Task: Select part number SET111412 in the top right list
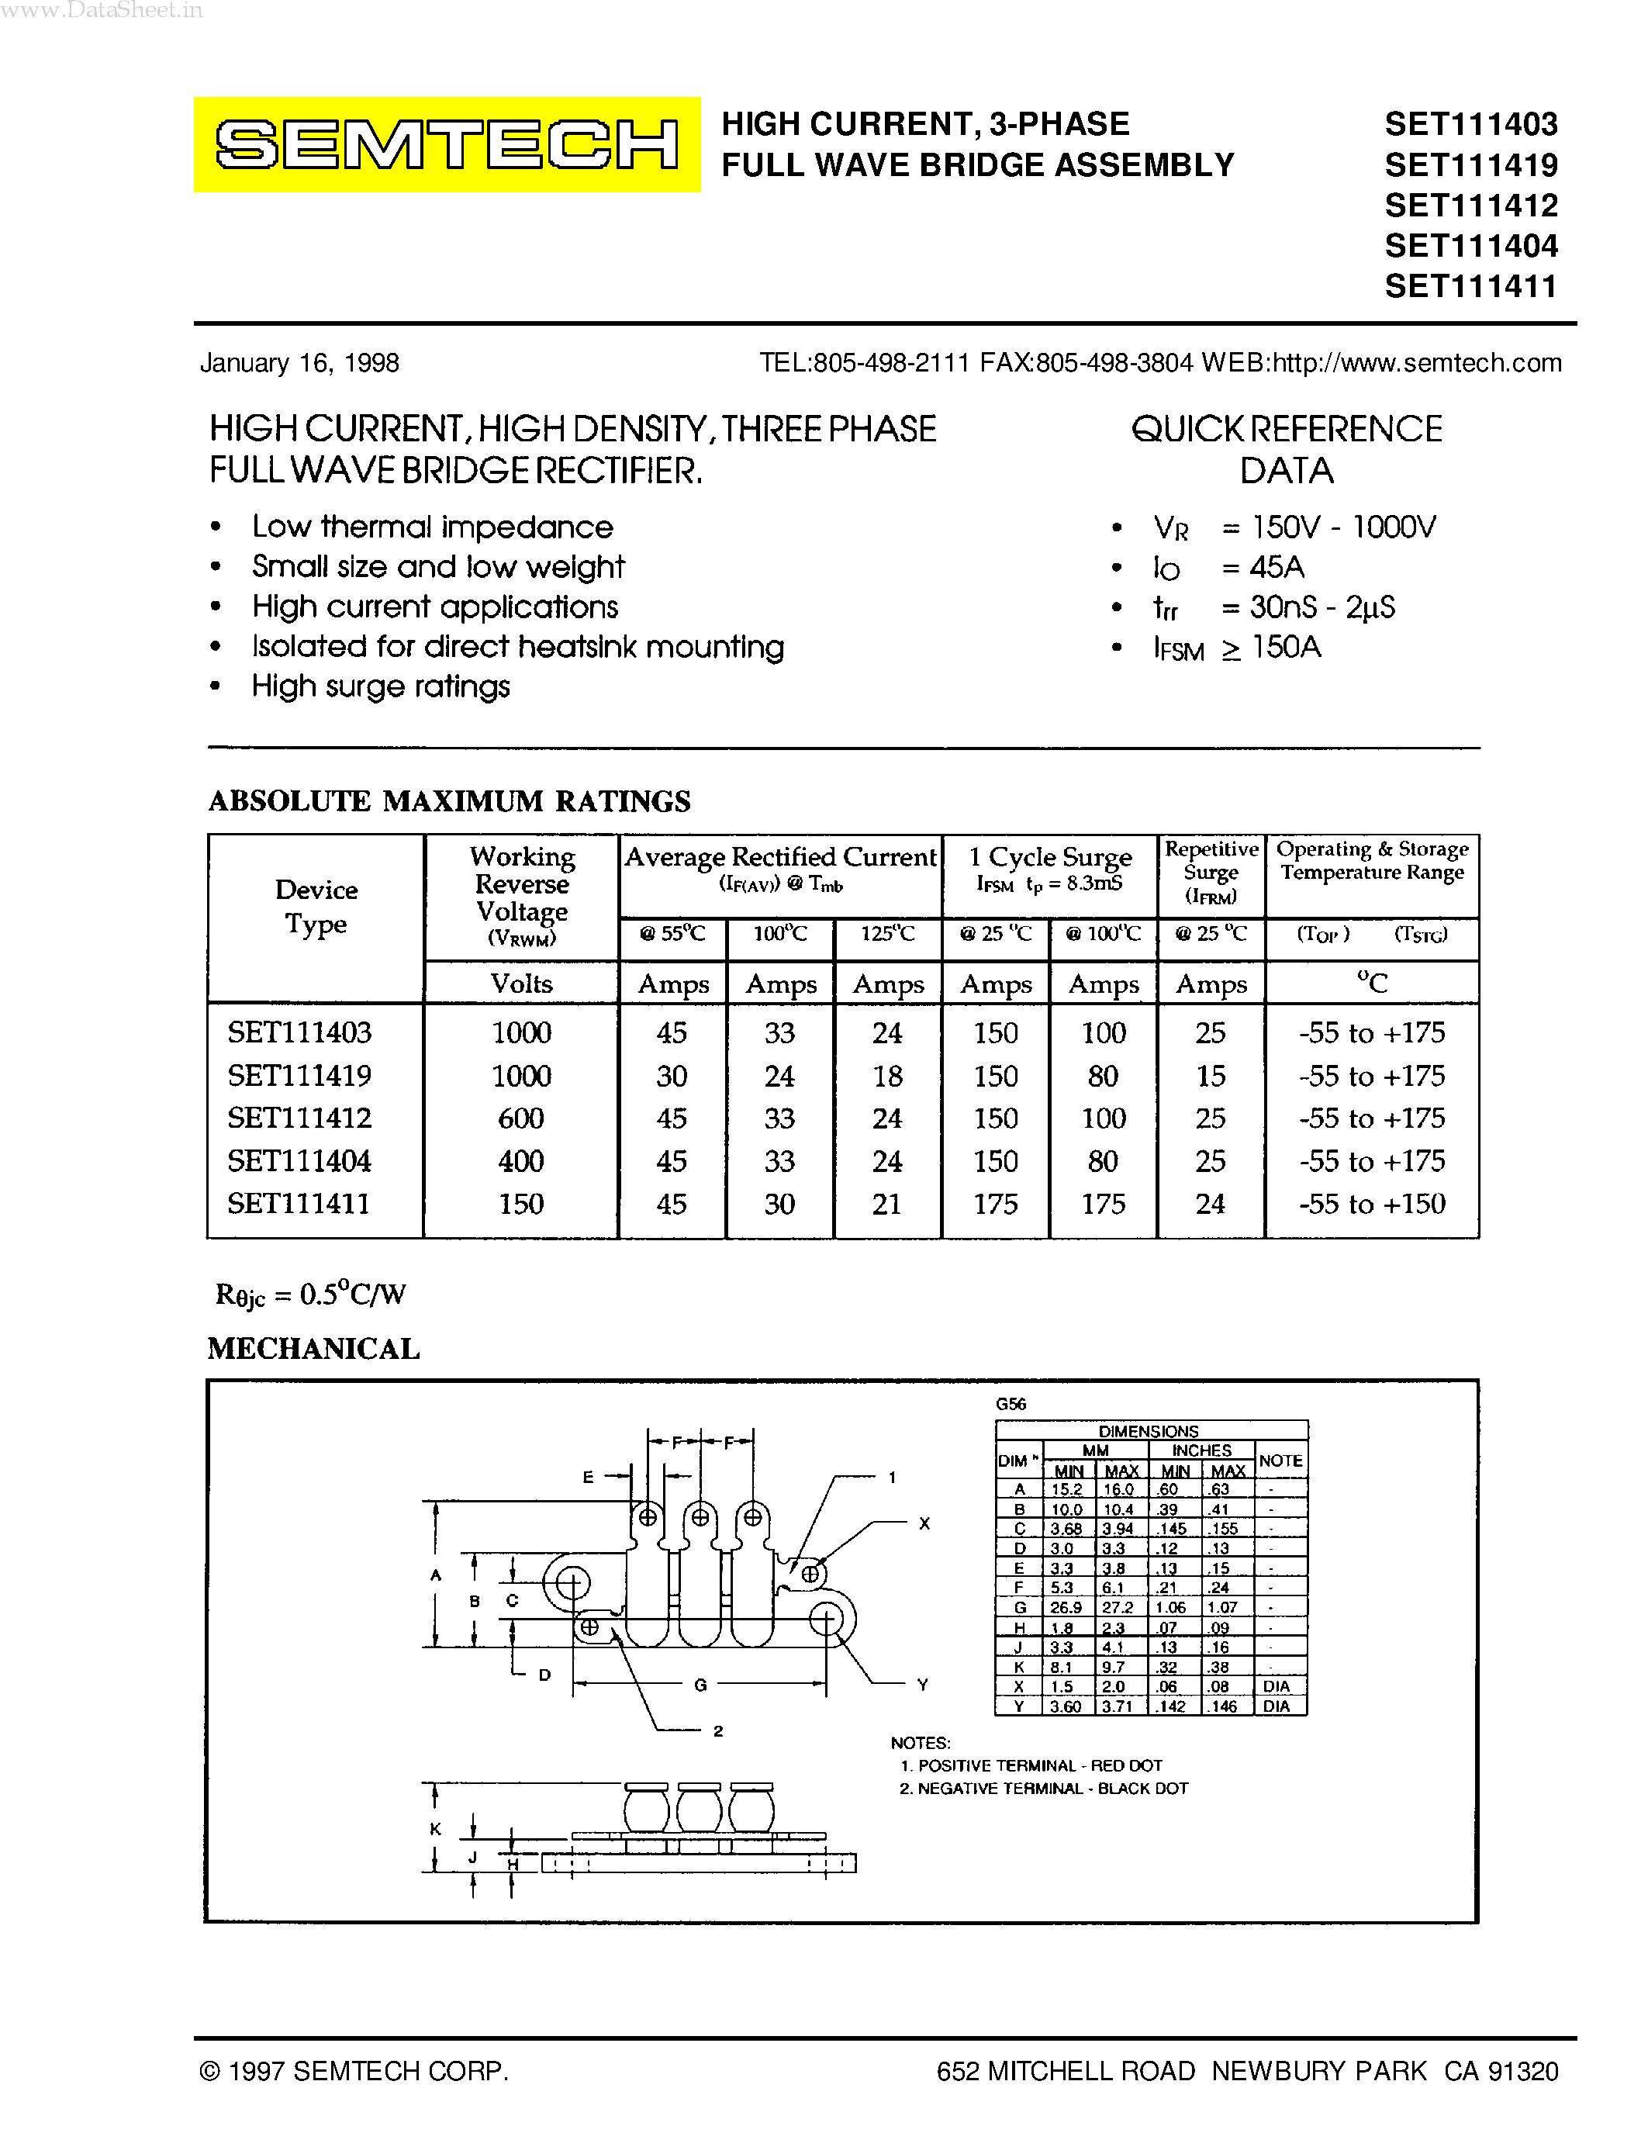(x=1470, y=205)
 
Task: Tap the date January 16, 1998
(x=299, y=363)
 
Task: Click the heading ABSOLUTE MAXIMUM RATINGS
(x=449, y=801)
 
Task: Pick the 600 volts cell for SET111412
(x=520, y=1118)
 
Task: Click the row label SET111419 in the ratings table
(x=299, y=1075)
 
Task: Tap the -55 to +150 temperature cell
(x=1372, y=1205)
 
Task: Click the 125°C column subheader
(x=886, y=934)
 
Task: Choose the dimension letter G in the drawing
(x=700, y=1685)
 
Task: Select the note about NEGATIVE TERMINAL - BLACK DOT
(x=1042, y=1789)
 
